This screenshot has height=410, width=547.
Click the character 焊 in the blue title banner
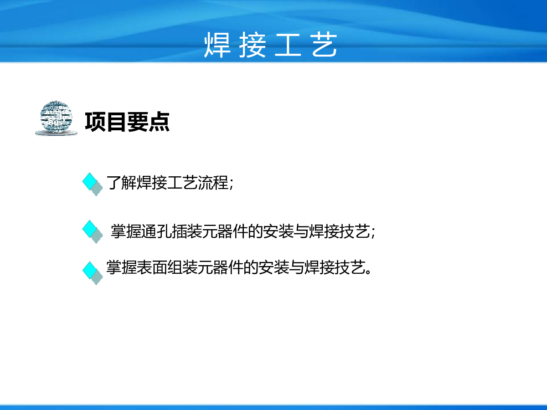click(217, 45)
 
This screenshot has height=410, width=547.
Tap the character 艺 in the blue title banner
click(324, 45)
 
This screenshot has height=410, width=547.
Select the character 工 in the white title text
click(288, 45)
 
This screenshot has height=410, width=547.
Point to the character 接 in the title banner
click(252, 45)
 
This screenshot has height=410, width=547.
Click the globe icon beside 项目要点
click(57, 118)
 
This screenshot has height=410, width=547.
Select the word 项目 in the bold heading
click(105, 122)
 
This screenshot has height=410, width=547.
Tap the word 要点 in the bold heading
click(148, 122)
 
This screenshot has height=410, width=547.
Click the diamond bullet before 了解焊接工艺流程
click(93, 184)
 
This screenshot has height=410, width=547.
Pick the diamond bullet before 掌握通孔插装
click(93, 232)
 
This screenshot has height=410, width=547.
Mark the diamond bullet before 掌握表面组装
click(93, 273)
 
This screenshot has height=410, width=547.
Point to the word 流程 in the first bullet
click(213, 183)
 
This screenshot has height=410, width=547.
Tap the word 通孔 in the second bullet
click(156, 231)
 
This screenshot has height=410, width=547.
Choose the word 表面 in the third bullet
click(152, 267)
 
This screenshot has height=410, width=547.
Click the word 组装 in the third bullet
click(182, 267)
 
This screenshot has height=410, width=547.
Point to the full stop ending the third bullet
click(368, 272)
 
